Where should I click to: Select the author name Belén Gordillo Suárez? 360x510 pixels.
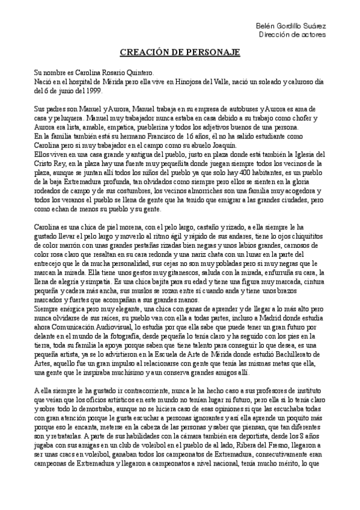tap(291, 26)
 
